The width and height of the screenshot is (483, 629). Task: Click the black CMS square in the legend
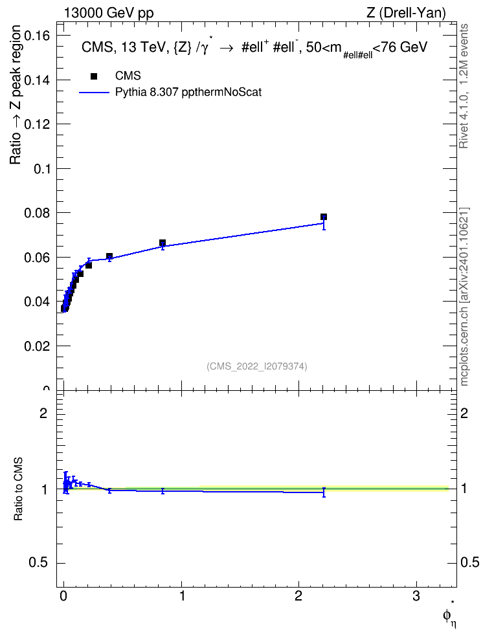94,76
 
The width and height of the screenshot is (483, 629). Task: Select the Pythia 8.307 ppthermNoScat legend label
188,93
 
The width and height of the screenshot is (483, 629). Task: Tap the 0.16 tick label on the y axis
37,36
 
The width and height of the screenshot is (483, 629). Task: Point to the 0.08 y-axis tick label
37,213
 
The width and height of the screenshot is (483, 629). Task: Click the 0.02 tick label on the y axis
37,346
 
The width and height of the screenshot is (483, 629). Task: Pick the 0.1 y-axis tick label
41,169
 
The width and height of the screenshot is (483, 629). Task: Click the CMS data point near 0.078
324,217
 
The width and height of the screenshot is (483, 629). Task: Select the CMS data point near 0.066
163,243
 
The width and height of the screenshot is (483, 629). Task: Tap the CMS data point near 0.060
109,256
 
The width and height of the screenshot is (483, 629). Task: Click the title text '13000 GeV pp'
109,13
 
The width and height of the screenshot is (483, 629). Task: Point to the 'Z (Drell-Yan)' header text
406,13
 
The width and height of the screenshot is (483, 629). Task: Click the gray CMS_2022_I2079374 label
257,366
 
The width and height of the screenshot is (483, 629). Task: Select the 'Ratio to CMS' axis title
18,489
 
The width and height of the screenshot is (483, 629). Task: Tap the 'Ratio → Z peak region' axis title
16,94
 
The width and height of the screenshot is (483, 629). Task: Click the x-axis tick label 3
416,596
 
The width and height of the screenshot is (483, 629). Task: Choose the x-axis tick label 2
298,596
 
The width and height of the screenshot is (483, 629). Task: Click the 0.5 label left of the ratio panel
39,563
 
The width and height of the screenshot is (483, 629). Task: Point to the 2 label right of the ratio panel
464,413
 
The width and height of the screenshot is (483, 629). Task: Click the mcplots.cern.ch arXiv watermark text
464,297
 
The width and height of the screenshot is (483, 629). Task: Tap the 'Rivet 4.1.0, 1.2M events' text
464,86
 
